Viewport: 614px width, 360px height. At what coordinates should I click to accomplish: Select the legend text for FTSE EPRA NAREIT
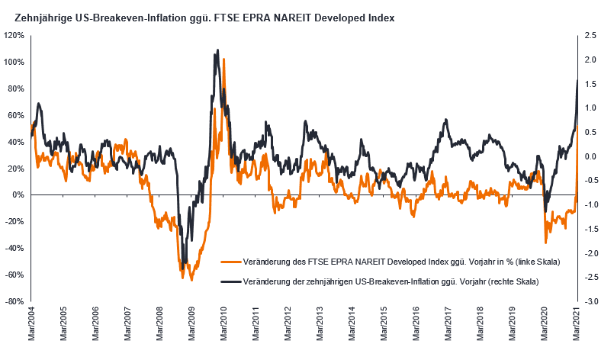[x=400, y=262]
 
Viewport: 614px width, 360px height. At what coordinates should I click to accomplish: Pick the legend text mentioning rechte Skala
[x=390, y=281]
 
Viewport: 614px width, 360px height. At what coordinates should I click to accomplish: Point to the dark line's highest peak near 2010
[x=218, y=50]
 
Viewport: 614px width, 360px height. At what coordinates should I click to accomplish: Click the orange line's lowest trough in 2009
[x=191, y=280]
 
